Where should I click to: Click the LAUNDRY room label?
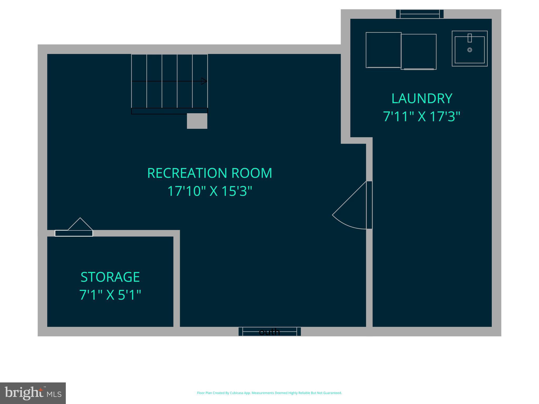(x=422, y=99)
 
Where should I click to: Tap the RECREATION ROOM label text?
(x=209, y=173)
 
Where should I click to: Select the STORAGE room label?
(x=110, y=277)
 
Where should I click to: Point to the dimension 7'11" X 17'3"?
(x=422, y=117)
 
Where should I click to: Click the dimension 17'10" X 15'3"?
(x=209, y=191)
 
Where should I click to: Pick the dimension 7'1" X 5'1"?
(x=110, y=295)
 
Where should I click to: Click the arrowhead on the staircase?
(x=204, y=81)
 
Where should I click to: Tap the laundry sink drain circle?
(x=470, y=50)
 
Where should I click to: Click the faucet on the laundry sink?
(x=470, y=38)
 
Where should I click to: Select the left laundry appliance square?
(x=383, y=50)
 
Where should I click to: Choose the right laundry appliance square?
(x=418, y=52)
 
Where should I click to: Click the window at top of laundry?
(x=420, y=14)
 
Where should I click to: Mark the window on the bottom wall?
(x=269, y=331)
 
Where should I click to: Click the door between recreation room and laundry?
(x=369, y=205)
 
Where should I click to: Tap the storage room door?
(x=74, y=233)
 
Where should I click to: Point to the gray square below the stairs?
(x=197, y=121)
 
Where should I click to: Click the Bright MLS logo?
(x=33, y=393)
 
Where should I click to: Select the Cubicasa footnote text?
(x=269, y=393)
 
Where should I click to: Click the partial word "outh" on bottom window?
(x=269, y=332)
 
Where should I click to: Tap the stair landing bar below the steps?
(x=169, y=111)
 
